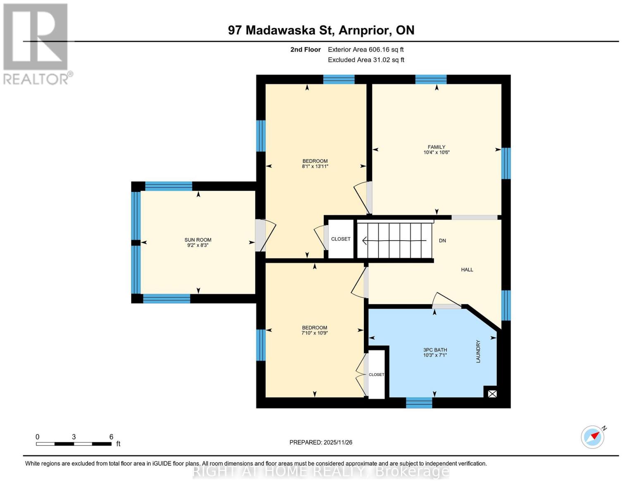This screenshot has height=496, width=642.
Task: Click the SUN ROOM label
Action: [x=198, y=240]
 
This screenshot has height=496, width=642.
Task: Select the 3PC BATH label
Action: [x=435, y=350]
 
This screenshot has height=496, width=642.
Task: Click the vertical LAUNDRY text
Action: [x=478, y=351]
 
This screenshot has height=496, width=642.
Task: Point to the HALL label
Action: [x=467, y=269]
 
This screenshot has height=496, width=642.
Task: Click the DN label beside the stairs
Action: [x=442, y=241]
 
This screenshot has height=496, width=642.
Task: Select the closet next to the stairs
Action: [x=341, y=239]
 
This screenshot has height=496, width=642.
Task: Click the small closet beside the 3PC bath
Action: [x=376, y=374]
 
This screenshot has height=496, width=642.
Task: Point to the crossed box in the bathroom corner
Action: [x=492, y=394]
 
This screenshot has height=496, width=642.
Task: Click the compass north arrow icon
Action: [x=593, y=436]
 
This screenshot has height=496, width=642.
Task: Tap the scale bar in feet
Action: [x=74, y=444]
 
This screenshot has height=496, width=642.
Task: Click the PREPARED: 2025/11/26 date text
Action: [x=321, y=442]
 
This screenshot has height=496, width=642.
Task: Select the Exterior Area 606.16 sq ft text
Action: [x=365, y=50]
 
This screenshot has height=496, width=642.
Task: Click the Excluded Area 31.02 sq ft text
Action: [x=366, y=60]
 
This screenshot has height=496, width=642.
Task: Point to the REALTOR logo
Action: [x=36, y=43]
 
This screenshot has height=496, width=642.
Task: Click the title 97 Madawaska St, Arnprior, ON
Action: [x=321, y=30]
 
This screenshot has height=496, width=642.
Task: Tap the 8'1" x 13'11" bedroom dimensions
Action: [x=315, y=167]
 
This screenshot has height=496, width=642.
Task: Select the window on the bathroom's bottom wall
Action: [x=419, y=403]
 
